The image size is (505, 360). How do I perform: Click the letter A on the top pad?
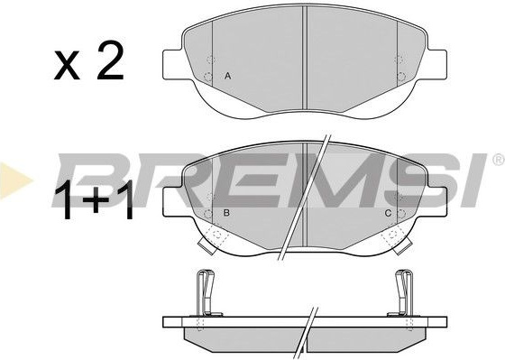(227, 77)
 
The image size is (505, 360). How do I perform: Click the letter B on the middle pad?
(226, 213)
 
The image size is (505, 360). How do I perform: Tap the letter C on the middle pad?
(388, 213)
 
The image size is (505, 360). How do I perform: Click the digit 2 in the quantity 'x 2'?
(110, 60)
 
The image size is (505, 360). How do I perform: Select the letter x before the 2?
(67, 65)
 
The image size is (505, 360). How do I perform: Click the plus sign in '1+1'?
(96, 199)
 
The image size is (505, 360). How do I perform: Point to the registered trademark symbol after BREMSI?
(499, 160)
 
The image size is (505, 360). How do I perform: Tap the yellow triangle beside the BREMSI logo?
(14, 180)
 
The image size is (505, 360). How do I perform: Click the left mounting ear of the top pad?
(173, 64)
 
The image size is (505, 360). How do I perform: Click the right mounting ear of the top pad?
(436, 64)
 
